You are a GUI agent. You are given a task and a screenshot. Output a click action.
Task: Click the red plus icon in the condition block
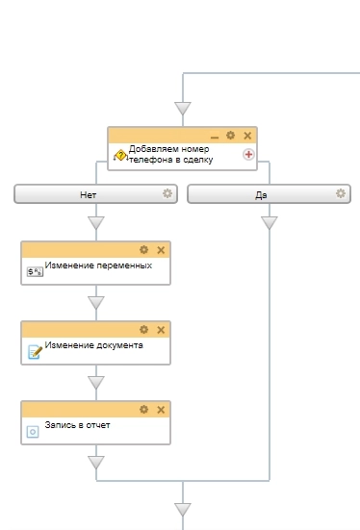click(247, 154)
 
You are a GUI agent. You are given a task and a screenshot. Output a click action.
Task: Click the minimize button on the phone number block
click(214, 136)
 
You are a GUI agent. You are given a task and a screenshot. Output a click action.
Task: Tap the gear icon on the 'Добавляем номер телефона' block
click(230, 136)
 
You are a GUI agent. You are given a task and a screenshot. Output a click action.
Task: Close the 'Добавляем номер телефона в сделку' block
click(246, 136)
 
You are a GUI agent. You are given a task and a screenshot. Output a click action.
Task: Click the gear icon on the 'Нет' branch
click(167, 193)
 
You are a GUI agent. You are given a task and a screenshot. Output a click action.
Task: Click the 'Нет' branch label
click(89, 194)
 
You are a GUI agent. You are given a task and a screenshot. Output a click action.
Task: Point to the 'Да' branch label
click(261, 194)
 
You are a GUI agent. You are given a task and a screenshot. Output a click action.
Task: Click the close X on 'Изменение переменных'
click(161, 250)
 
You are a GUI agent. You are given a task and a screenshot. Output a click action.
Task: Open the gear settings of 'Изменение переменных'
click(144, 250)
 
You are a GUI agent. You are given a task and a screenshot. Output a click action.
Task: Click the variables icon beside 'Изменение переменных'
click(34, 271)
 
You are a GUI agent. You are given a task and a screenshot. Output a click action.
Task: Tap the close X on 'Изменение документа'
click(161, 330)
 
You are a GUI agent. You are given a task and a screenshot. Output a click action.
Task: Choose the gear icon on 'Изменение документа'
click(144, 330)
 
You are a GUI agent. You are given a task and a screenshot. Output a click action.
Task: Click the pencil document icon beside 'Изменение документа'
click(34, 351)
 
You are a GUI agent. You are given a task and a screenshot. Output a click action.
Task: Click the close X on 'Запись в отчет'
click(161, 410)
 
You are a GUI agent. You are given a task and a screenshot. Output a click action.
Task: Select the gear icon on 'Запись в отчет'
click(144, 410)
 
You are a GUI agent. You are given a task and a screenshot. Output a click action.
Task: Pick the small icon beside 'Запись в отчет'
click(33, 431)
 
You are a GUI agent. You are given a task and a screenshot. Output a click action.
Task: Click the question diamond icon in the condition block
click(120, 154)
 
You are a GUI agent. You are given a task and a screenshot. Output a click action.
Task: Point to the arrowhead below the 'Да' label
click(269, 223)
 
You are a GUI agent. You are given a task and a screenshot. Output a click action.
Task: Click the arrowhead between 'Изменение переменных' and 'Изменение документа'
click(95, 303)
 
